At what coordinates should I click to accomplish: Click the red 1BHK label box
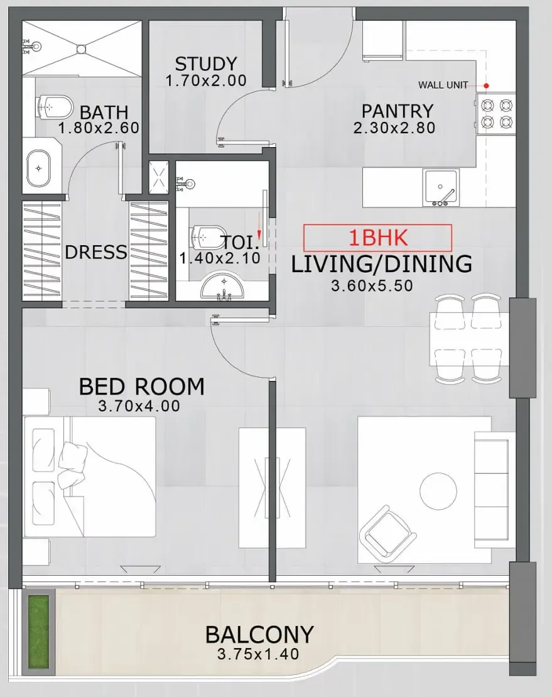377,238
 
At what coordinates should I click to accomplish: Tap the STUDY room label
205,64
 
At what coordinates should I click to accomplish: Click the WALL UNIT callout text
443,85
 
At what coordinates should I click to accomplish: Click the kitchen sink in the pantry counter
441,187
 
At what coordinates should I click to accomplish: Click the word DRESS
96,253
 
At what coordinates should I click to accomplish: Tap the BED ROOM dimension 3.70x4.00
139,407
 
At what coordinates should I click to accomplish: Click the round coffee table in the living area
438,491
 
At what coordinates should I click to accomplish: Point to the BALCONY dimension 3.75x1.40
257,654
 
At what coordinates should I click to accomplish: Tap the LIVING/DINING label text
381,264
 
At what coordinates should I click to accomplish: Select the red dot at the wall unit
485,85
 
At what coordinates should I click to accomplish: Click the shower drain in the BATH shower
80,47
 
